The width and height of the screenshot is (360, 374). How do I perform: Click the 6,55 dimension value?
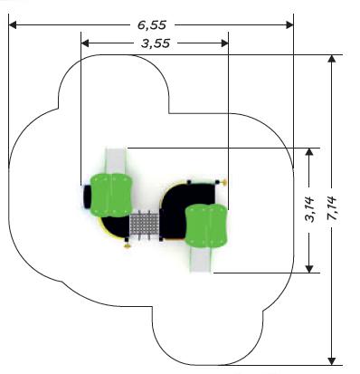tap(152, 25)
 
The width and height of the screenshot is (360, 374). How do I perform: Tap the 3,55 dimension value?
tap(156, 43)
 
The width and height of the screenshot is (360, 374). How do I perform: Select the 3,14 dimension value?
tap(309, 209)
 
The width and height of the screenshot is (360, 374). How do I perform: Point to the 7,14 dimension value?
tap(332, 209)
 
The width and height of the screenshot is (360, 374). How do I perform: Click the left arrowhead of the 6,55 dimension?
tap(13, 25)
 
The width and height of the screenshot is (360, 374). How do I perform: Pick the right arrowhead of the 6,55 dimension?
tap(289, 25)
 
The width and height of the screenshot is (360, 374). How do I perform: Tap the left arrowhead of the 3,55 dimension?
tap(85, 43)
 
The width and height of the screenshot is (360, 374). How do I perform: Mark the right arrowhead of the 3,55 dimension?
tap(224, 43)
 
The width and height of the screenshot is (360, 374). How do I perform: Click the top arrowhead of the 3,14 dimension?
tap(309, 152)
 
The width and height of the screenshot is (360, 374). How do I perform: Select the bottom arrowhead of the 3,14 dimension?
tap(309, 269)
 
